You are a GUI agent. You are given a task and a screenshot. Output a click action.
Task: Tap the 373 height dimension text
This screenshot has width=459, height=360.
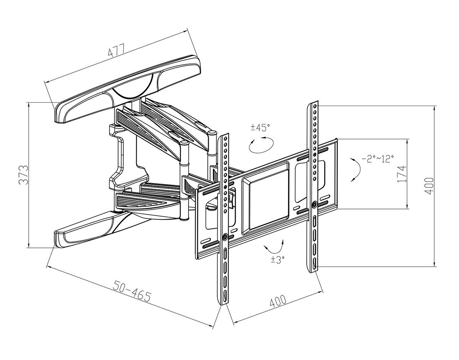pyautogui.click(x=23, y=175)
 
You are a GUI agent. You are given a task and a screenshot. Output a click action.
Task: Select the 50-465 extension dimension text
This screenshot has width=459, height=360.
pyautogui.click(x=132, y=290)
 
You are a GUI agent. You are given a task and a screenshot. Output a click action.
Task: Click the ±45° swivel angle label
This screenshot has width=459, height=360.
pyautogui.click(x=260, y=128)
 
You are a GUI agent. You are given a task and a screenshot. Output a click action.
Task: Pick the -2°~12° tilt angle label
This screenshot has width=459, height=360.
pyautogui.click(x=378, y=159)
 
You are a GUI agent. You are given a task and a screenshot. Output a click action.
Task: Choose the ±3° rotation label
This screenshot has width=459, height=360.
pyautogui.click(x=278, y=260)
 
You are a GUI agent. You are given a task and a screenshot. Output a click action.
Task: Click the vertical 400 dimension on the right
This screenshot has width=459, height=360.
pyautogui.click(x=429, y=186)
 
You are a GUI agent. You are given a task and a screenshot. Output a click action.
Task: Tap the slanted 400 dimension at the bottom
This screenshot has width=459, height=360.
pyautogui.click(x=278, y=301)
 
